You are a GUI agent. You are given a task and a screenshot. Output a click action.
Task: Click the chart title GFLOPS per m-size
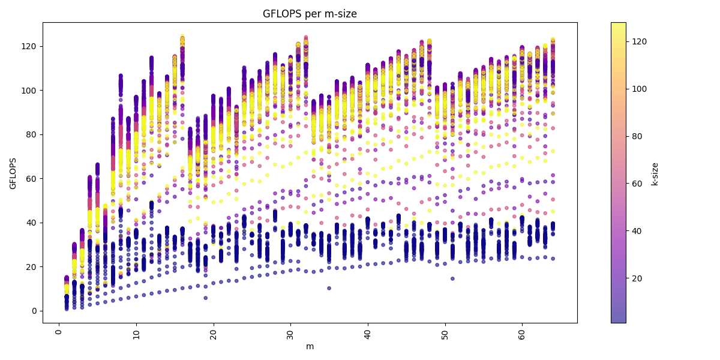pos(310,14)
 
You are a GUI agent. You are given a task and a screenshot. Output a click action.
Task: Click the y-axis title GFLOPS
pos(13,173)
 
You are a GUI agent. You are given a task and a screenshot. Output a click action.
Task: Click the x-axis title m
pos(310,346)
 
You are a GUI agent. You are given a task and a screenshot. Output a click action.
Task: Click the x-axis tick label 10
pos(136,332)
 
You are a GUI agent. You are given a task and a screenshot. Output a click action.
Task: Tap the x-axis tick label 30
pos(290,332)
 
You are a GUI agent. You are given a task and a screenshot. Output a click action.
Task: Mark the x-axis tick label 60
pos(522,332)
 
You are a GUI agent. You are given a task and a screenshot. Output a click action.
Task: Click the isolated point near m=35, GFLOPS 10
pos(329,288)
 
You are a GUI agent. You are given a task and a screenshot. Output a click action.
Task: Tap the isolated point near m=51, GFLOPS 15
pos(452,278)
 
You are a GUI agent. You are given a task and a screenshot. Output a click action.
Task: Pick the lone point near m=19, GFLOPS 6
pos(205,298)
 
